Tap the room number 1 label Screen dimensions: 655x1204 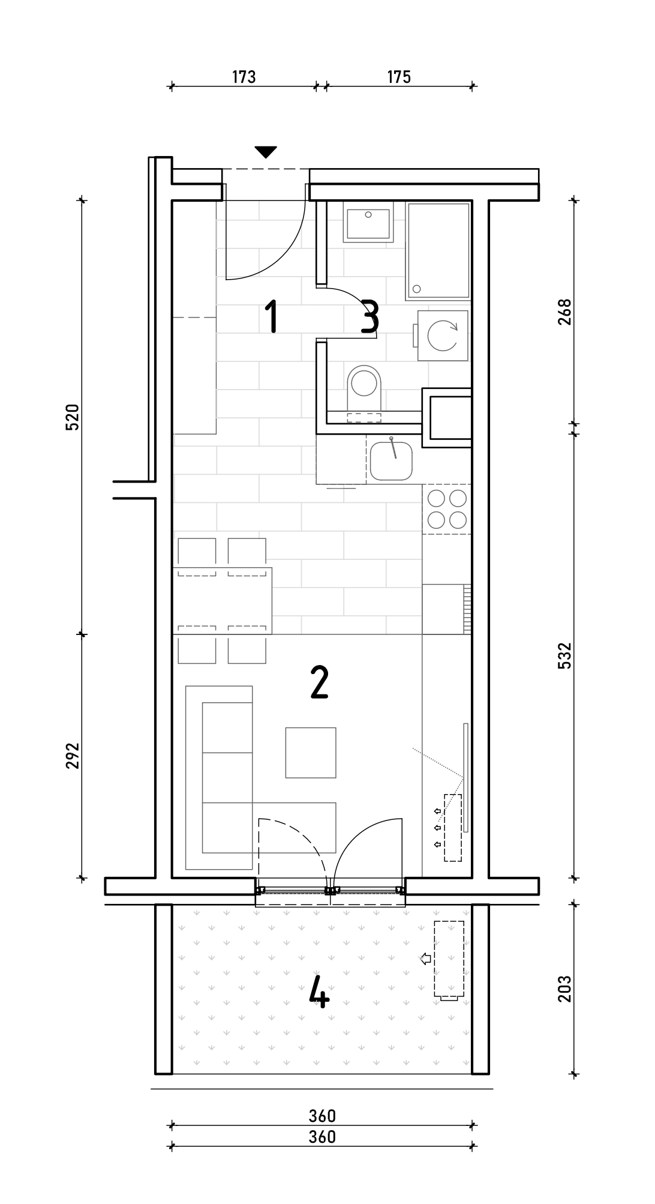coord(272,317)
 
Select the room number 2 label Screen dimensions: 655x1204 coord(320,683)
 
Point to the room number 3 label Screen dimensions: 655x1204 coord(370,318)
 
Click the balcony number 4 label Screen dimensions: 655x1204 coord(319,992)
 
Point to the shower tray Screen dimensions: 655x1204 coord(438,251)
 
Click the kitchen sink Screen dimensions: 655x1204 coord(391,461)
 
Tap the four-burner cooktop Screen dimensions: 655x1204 coord(446,509)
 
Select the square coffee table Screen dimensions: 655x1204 coord(311,753)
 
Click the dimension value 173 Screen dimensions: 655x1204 coord(244,77)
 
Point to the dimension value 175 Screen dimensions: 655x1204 coord(399,77)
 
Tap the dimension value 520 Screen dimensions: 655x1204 coord(72,417)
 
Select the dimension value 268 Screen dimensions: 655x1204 coord(565,312)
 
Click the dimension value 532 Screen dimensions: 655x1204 coord(565,655)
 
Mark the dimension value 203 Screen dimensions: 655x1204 coord(565,989)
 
